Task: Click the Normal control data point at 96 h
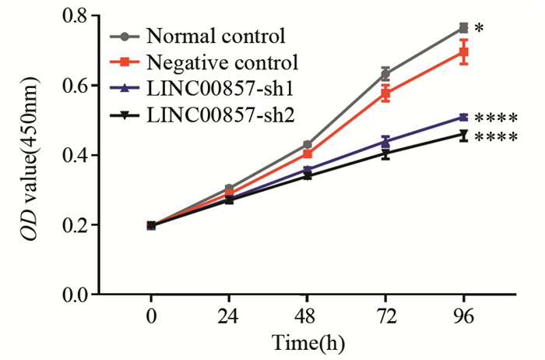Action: [464, 27]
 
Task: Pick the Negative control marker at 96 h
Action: [464, 52]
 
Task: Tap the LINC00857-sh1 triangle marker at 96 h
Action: [464, 117]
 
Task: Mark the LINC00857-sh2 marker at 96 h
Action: [464, 135]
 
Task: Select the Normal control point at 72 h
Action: [385, 74]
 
